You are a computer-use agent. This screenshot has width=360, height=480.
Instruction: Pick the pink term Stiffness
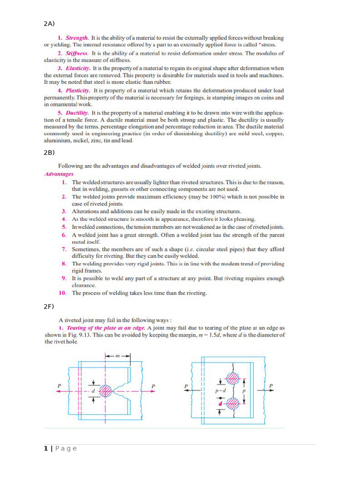(x=77, y=53)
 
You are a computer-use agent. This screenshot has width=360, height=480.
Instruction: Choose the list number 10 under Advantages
(x=62, y=293)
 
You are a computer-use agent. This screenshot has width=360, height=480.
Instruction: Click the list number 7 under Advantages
(x=64, y=249)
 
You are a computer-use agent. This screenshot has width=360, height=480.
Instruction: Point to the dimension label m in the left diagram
(x=118, y=356)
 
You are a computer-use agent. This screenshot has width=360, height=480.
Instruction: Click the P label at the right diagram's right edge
(x=271, y=386)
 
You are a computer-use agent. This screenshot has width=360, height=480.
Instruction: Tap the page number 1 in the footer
(x=46, y=449)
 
